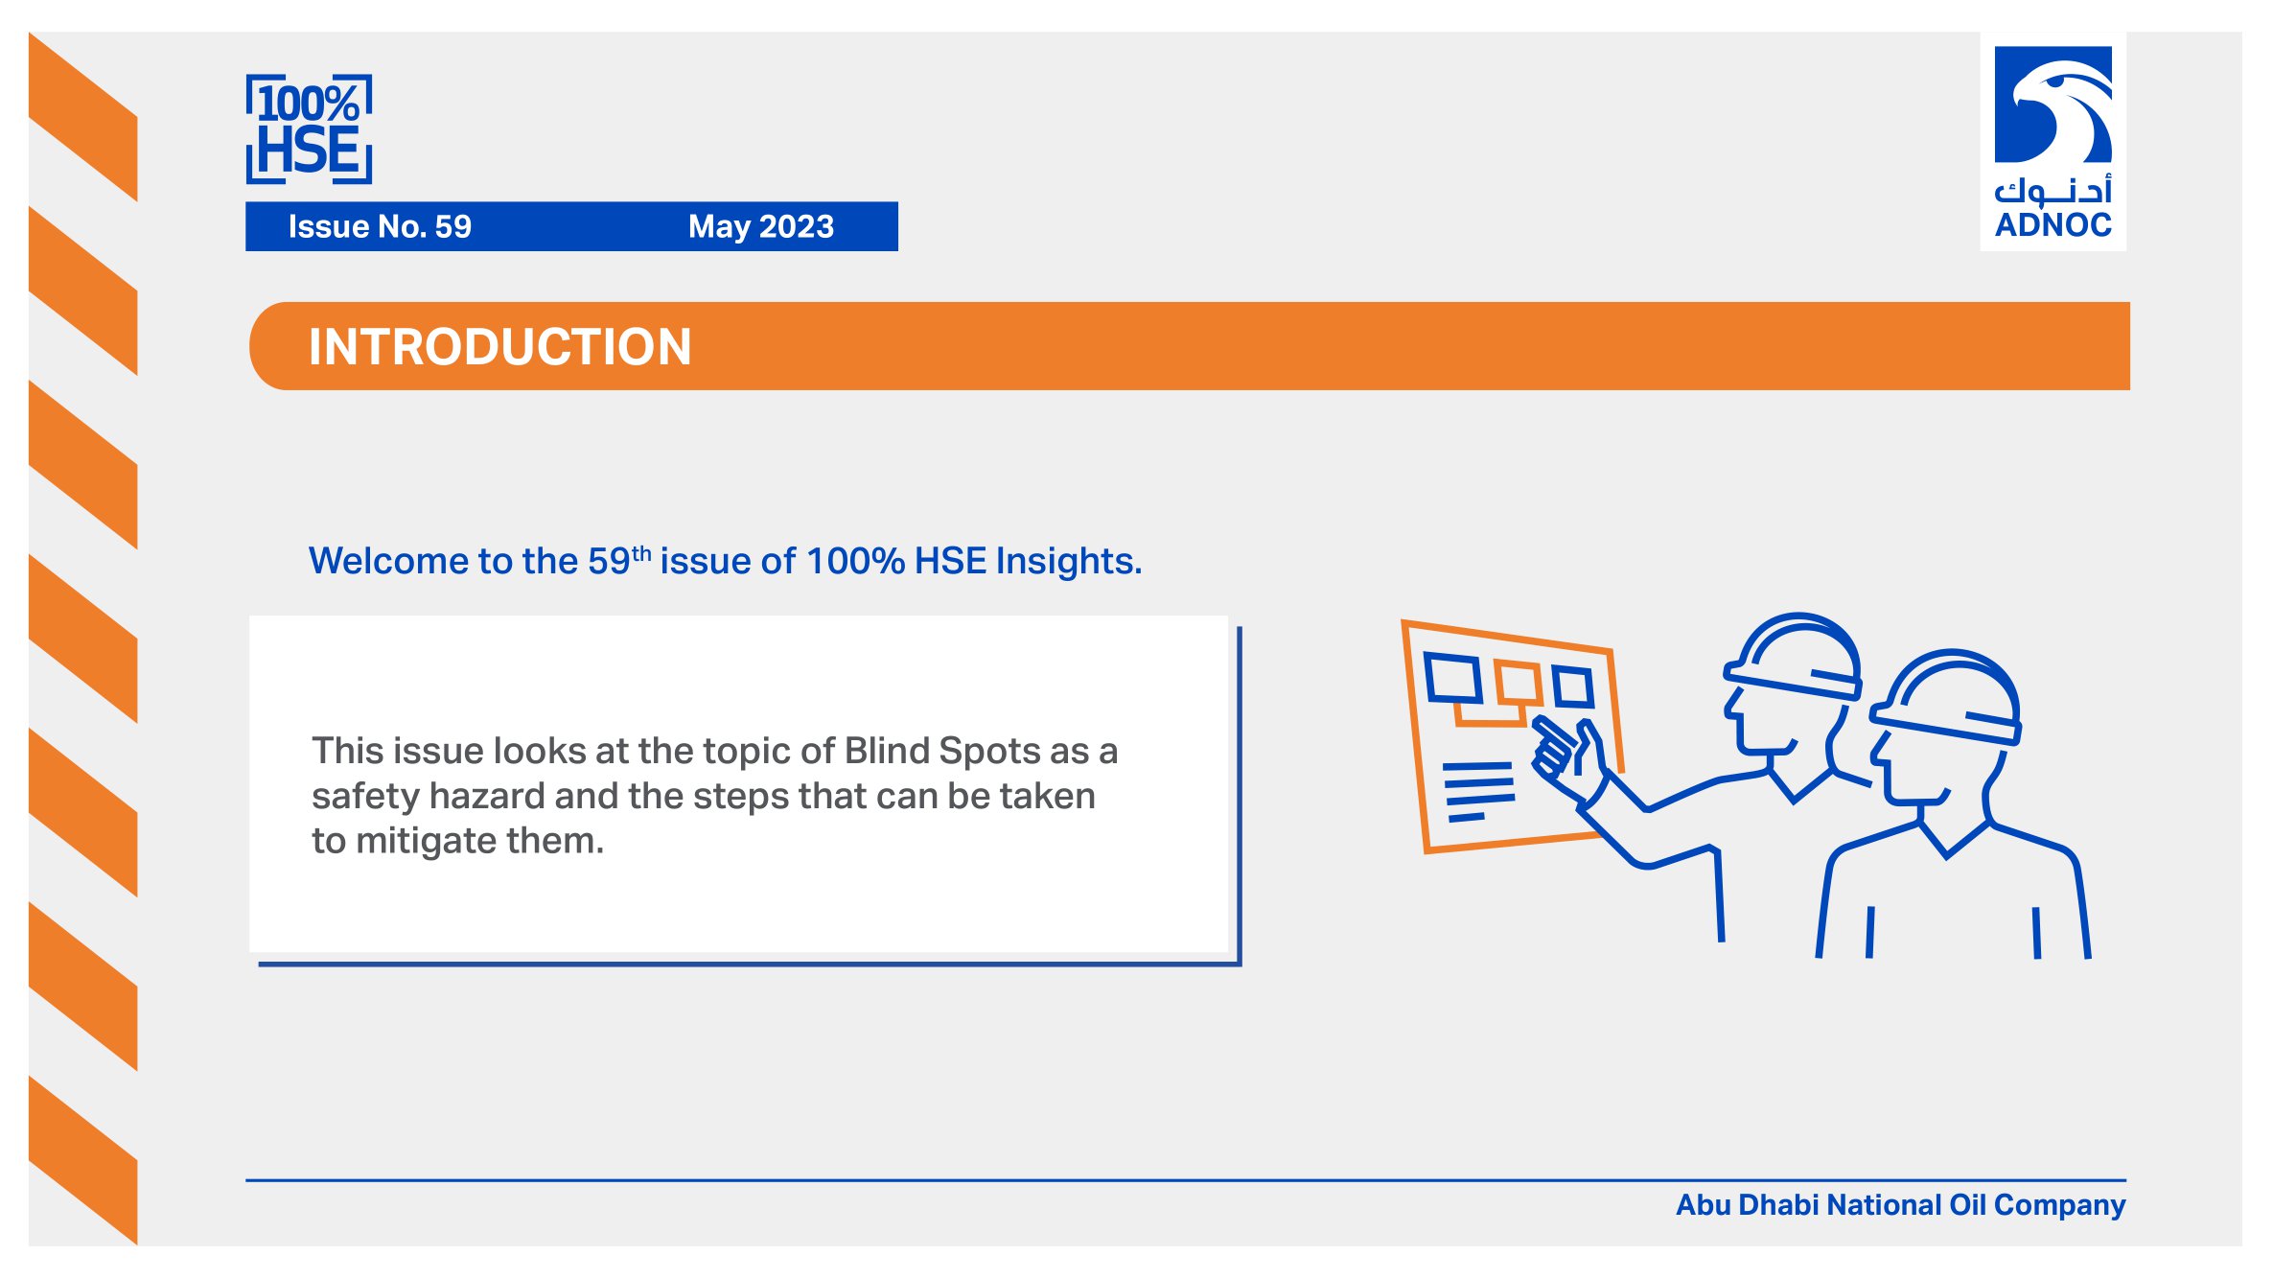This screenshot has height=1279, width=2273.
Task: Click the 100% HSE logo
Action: [309, 128]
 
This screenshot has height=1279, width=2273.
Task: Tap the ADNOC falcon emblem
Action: [2053, 105]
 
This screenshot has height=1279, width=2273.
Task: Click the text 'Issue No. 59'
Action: [380, 226]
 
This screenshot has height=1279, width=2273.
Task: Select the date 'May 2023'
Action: [761, 226]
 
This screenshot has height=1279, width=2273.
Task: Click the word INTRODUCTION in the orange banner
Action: [499, 346]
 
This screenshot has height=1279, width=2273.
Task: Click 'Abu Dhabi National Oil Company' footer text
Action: [1900, 1205]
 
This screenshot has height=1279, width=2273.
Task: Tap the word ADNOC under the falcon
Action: [2053, 225]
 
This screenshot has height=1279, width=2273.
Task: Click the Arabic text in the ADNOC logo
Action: [2053, 190]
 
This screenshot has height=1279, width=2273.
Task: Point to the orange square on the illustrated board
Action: [1519, 683]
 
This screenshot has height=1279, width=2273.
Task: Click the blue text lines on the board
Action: [1479, 791]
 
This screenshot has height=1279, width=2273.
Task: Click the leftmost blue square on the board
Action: [1452, 677]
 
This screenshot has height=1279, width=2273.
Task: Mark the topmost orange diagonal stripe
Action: [83, 116]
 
